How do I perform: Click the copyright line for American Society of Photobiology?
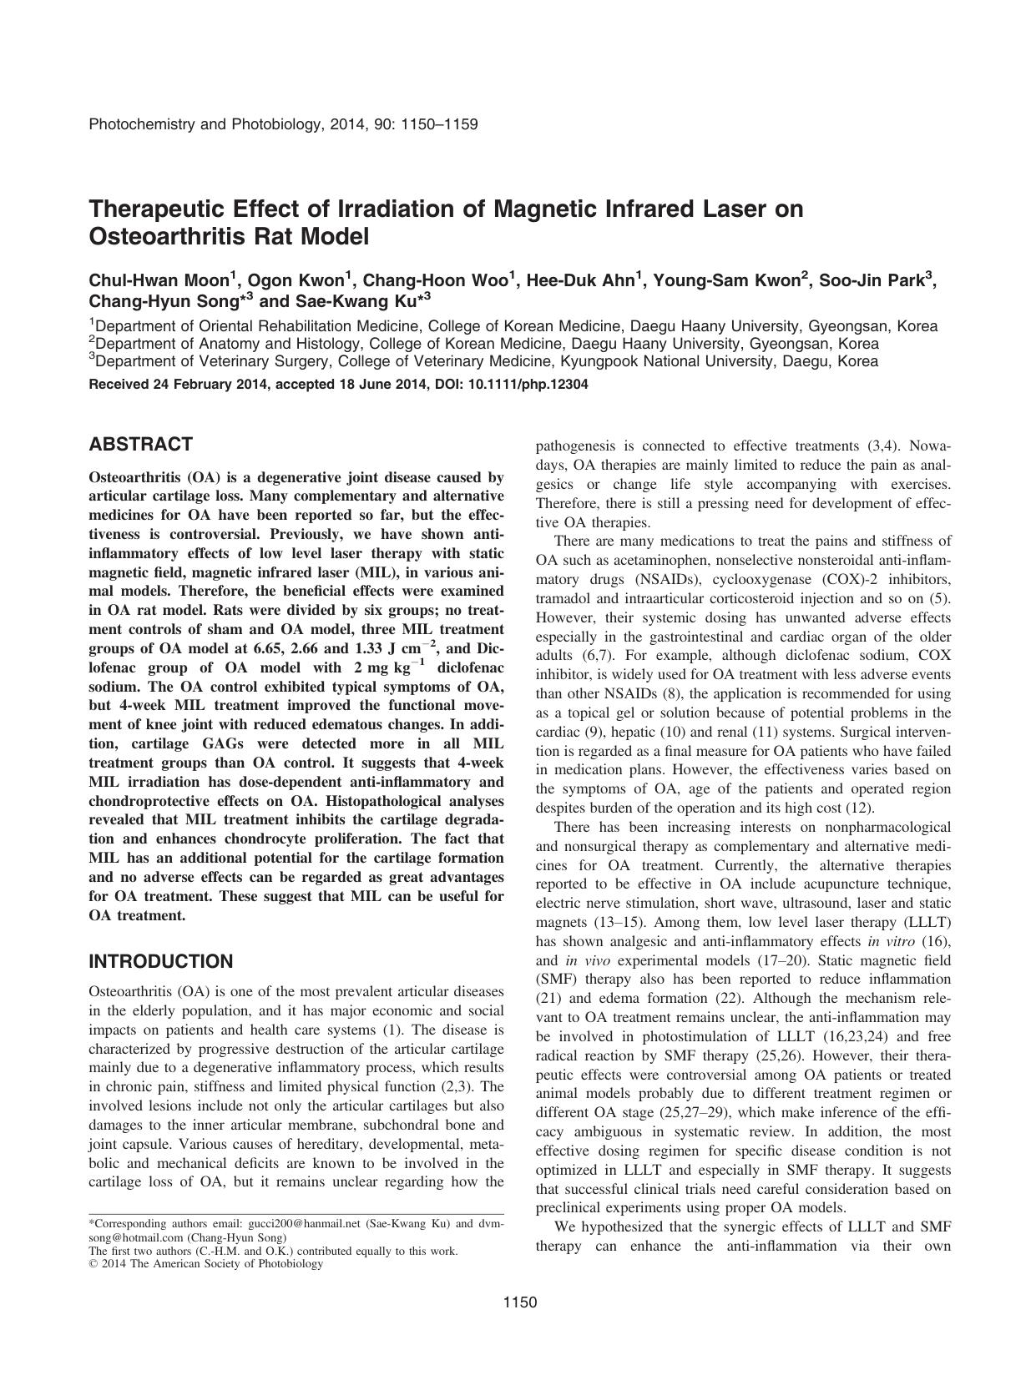click(205, 1263)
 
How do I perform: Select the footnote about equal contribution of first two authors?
click(273, 1251)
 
